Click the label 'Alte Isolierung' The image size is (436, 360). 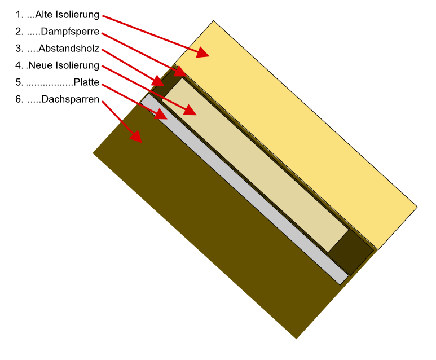[x=67, y=15]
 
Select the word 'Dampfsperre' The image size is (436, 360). [x=70, y=32]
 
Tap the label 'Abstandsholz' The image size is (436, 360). [x=69, y=49]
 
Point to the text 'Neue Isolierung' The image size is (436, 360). [x=64, y=65]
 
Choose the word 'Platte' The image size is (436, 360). [x=86, y=82]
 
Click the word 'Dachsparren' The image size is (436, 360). [x=70, y=99]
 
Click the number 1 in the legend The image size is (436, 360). [x=19, y=15]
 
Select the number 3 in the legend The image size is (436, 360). [x=19, y=49]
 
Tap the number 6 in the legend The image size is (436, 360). [x=19, y=99]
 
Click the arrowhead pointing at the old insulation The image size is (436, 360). [x=202, y=52]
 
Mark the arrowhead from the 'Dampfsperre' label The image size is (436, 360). [x=180, y=71]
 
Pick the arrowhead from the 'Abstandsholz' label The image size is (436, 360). [x=158, y=81]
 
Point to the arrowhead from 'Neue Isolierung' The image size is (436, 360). [x=190, y=110]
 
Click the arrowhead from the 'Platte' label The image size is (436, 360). [x=161, y=114]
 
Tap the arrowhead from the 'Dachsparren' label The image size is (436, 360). [x=136, y=137]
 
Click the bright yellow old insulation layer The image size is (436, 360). [x=296, y=135]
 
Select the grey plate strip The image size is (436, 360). [x=244, y=189]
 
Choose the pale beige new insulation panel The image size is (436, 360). [x=255, y=165]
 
